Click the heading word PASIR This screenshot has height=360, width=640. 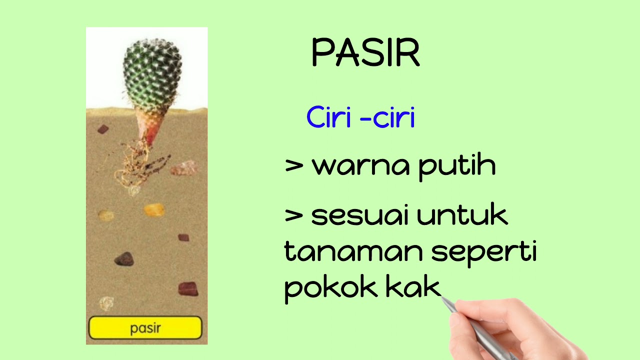point(365,52)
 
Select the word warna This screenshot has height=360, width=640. point(360,166)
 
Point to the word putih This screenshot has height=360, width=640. point(456,166)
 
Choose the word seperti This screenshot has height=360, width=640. point(484,254)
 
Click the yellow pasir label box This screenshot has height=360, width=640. point(145,328)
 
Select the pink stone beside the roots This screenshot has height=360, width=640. point(184,168)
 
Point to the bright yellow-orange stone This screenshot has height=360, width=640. point(154,209)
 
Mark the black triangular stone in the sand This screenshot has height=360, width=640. point(124,259)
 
